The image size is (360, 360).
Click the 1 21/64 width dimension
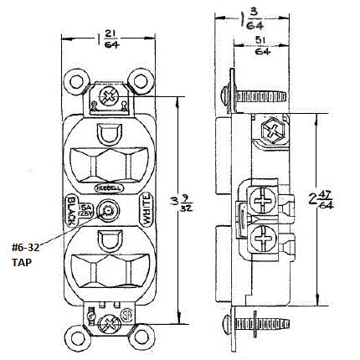(x=106, y=38)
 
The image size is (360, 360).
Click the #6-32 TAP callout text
(x=24, y=255)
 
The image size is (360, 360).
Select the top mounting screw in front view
(x=107, y=97)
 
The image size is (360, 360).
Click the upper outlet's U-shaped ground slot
(x=107, y=134)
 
